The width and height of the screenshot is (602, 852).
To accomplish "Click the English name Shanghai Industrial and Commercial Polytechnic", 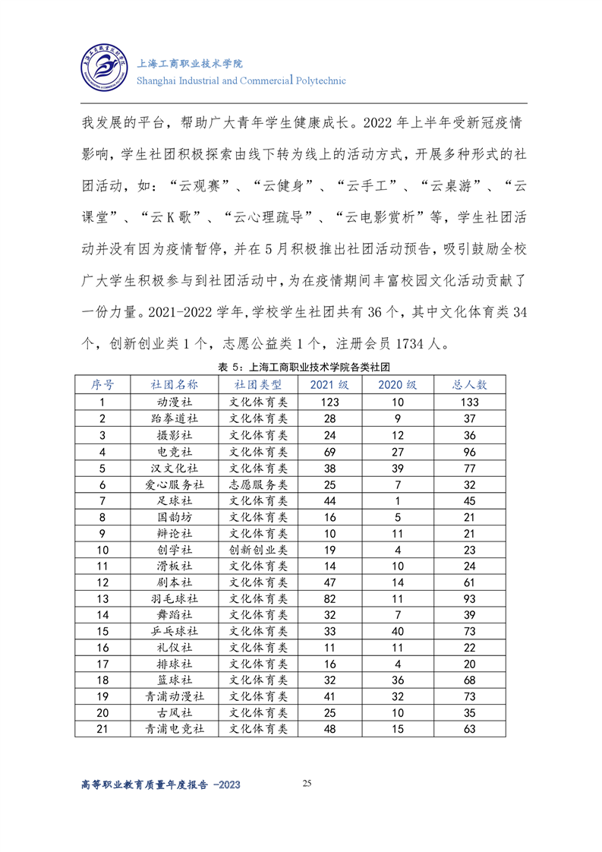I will pyautogui.click(x=241, y=80).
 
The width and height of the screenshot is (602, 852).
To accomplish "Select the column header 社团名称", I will pyautogui.click(x=174, y=384).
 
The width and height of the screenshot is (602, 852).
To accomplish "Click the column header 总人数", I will pyautogui.click(x=470, y=384).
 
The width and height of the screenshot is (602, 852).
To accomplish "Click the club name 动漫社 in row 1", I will pyautogui.click(x=174, y=402).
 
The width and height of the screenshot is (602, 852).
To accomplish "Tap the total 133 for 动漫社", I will pyautogui.click(x=470, y=402).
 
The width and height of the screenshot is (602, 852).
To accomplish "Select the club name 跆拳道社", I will pyautogui.click(x=174, y=418).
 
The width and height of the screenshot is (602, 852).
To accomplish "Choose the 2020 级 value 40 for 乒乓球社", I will pyautogui.click(x=397, y=632).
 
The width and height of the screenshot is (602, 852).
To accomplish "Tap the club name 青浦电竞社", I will pyautogui.click(x=174, y=730).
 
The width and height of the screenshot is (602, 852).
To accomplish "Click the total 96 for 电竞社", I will pyautogui.click(x=470, y=451).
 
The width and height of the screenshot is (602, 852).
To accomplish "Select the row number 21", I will pyautogui.click(x=102, y=730).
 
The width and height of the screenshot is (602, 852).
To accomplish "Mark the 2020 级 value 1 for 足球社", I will pyautogui.click(x=397, y=500).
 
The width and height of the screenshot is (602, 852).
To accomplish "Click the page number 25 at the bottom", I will pyautogui.click(x=307, y=783).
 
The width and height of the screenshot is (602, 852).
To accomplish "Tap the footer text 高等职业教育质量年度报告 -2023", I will pyautogui.click(x=160, y=786).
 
